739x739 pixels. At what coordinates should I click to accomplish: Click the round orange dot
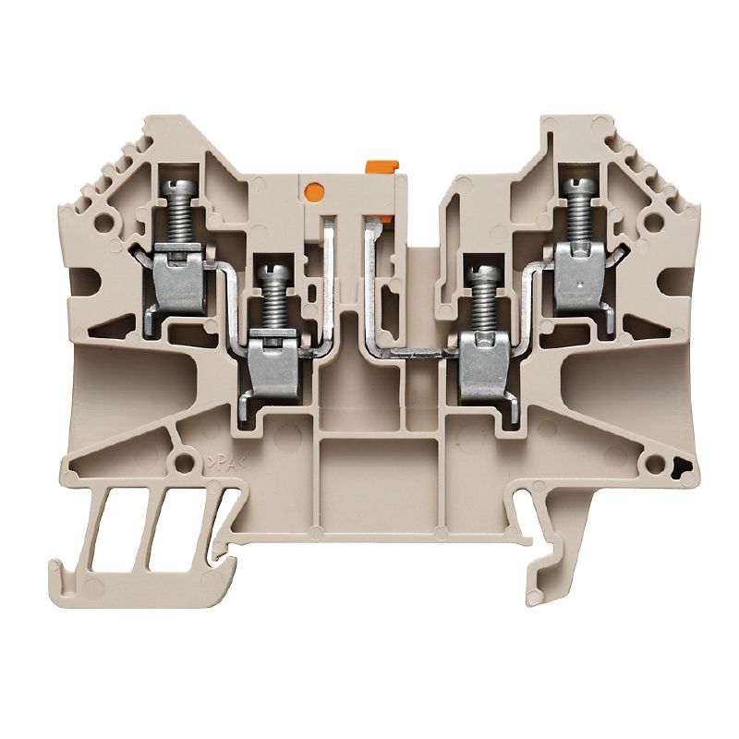coord(312,192)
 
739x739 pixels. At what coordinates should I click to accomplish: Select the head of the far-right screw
coord(576,188)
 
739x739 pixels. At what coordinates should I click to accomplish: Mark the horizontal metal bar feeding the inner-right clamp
coord(420,353)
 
